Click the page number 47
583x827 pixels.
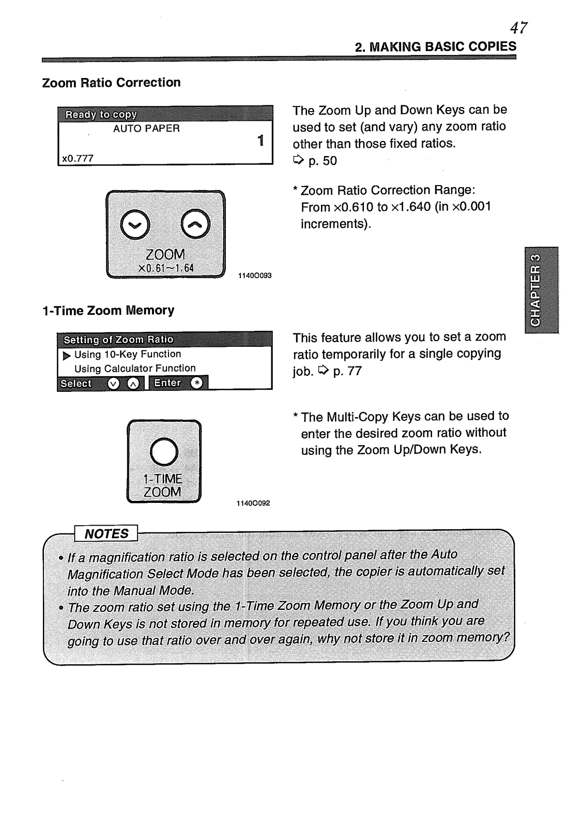(518, 27)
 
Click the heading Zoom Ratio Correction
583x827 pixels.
(111, 83)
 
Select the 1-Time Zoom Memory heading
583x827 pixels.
(108, 311)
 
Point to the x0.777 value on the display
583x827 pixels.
(78, 159)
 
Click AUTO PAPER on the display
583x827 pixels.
(146, 129)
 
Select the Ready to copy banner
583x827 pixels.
(101, 114)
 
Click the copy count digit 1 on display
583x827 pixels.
(260, 140)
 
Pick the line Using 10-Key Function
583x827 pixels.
(127, 355)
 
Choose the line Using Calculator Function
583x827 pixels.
(134, 369)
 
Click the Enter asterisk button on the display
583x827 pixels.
(196, 383)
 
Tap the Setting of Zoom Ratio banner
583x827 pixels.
(118, 340)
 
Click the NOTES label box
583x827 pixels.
(106, 533)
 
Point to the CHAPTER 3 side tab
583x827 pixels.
(541, 289)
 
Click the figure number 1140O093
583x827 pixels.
(254, 276)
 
